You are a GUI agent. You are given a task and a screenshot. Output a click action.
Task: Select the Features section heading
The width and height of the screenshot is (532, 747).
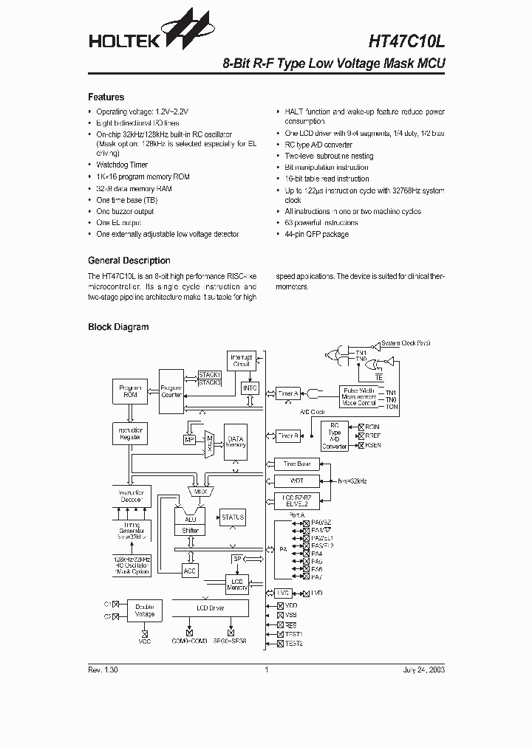[x=106, y=97]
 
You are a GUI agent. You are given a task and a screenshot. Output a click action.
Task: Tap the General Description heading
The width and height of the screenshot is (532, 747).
[x=129, y=261]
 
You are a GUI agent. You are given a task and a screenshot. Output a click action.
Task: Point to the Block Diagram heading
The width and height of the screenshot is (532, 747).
[x=118, y=327]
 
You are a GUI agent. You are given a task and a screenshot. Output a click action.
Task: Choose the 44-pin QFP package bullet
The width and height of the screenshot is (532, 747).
[x=316, y=234]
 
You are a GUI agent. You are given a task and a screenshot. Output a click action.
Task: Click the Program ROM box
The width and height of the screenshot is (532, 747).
[x=130, y=390]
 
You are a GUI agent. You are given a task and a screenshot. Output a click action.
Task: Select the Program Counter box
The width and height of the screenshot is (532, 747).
[x=171, y=390]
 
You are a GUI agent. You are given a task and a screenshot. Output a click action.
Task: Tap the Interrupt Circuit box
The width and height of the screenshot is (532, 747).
[x=242, y=361]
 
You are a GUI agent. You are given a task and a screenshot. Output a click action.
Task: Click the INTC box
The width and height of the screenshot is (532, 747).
[x=250, y=388]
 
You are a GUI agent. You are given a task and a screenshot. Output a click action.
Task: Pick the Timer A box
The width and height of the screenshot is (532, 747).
[x=287, y=393]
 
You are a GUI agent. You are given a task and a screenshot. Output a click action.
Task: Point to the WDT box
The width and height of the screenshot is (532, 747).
[x=296, y=481]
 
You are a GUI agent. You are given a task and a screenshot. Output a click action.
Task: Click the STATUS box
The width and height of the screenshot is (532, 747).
[x=233, y=517]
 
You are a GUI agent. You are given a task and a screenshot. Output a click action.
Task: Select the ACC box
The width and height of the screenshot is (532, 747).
[x=191, y=569]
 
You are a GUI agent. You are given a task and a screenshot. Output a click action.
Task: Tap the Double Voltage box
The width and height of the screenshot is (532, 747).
[x=145, y=609]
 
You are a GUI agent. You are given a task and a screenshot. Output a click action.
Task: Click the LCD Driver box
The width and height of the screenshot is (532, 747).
[x=211, y=608]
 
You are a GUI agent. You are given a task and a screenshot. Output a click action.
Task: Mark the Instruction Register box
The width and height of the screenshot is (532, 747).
[x=130, y=434]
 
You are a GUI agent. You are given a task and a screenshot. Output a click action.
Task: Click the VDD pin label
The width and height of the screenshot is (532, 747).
[x=291, y=605]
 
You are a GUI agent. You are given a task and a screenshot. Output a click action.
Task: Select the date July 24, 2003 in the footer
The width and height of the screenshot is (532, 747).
[x=424, y=670]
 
